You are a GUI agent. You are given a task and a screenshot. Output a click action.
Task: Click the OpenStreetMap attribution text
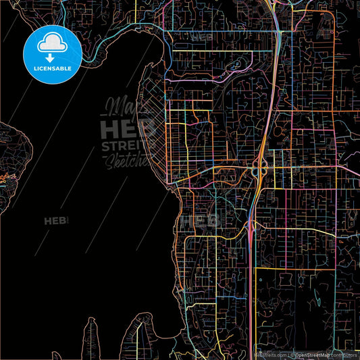click(x=316, y=354)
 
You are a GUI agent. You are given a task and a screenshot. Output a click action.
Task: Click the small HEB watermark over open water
click(x=57, y=220)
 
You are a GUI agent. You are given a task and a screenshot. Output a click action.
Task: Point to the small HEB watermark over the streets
click(x=207, y=220)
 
